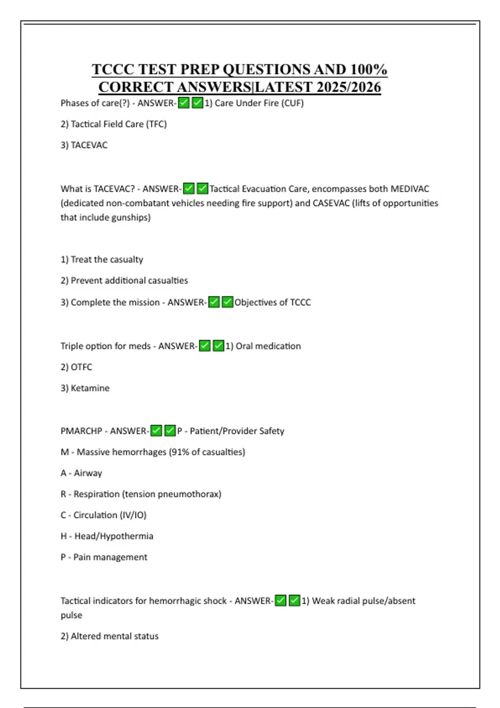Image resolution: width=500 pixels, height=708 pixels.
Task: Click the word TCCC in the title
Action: point(112,69)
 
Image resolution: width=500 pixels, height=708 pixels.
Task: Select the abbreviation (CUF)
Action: point(293,103)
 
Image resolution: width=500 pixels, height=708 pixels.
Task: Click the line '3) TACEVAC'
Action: point(84,145)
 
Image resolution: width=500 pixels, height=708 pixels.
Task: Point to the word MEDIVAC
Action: point(410,189)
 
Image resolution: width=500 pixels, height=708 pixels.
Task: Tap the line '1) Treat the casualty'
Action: point(102,259)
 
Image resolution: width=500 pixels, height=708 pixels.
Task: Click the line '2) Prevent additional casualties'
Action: point(124,281)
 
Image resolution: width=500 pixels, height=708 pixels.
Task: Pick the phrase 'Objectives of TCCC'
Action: point(272,302)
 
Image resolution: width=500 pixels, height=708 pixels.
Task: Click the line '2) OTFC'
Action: point(76,367)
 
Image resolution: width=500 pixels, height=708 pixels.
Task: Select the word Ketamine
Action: point(90,388)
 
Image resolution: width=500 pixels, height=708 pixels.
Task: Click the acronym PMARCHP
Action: point(81,431)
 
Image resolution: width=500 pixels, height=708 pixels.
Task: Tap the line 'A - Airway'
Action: point(81,473)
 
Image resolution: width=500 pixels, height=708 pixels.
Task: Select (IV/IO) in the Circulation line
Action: point(133,515)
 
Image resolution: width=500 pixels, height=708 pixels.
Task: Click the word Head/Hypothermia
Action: point(114,536)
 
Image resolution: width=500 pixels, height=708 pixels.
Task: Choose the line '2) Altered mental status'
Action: point(110,636)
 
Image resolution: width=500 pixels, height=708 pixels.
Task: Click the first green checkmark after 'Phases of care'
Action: point(184,103)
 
